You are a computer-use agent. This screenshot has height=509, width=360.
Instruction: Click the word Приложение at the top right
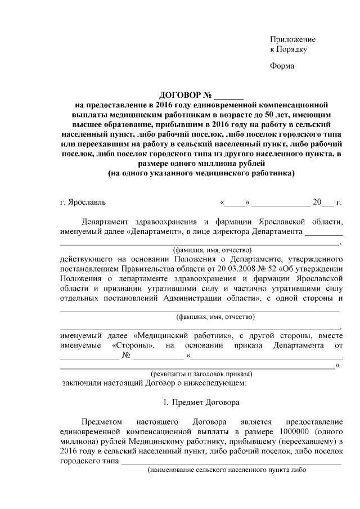coord(292,39)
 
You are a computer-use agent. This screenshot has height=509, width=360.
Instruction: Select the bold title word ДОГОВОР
coord(176,94)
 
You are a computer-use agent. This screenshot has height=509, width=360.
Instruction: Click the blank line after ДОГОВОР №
coord(229,94)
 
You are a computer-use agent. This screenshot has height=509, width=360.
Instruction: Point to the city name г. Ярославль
coord(82,201)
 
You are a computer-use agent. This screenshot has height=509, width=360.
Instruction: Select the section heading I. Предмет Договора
coord(201,403)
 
